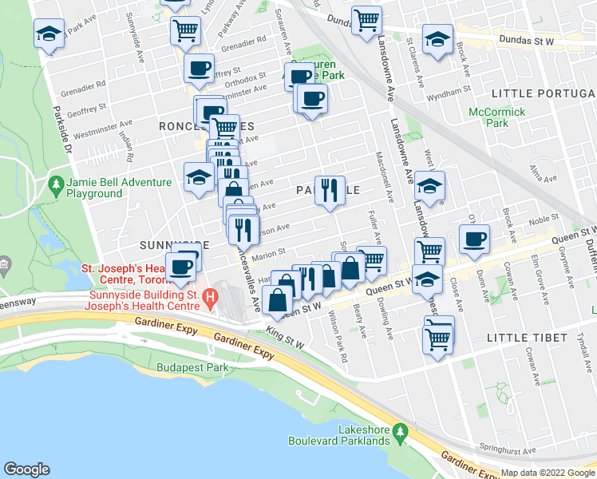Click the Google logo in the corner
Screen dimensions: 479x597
[x=27, y=469]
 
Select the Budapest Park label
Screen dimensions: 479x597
[x=192, y=368]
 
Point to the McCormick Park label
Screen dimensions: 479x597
[x=497, y=117]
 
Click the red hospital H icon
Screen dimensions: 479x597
[x=210, y=299]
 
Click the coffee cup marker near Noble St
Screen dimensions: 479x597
[x=475, y=239]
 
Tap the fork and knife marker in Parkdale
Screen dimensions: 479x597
[x=330, y=190]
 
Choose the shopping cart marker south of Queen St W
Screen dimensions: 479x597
[x=438, y=335]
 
